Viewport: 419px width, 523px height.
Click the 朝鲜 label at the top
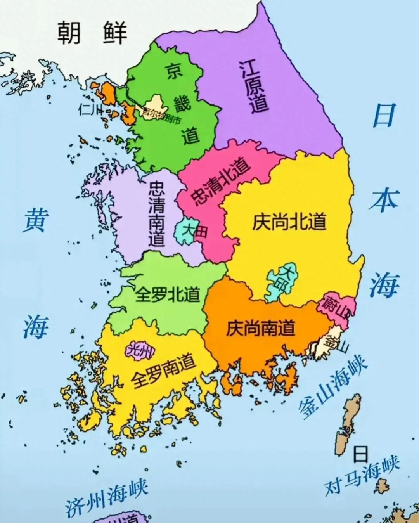click(x=92, y=33)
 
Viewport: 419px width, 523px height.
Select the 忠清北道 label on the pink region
click(x=222, y=182)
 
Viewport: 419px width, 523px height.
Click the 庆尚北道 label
click(x=289, y=222)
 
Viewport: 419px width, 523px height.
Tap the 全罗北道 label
click(x=167, y=295)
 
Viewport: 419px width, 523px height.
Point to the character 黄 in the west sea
click(x=36, y=220)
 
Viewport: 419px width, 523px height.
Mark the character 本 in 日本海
click(x=384, y=201)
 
